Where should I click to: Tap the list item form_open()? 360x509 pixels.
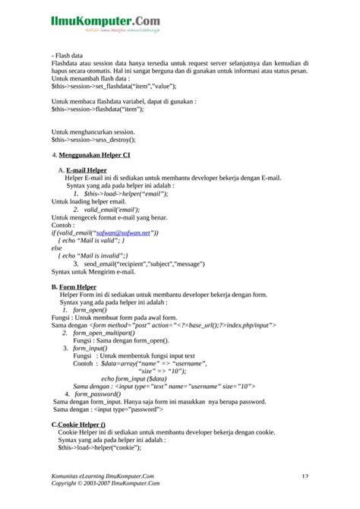90,310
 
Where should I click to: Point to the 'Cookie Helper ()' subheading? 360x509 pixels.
81,424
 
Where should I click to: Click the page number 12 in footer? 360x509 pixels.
304,476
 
